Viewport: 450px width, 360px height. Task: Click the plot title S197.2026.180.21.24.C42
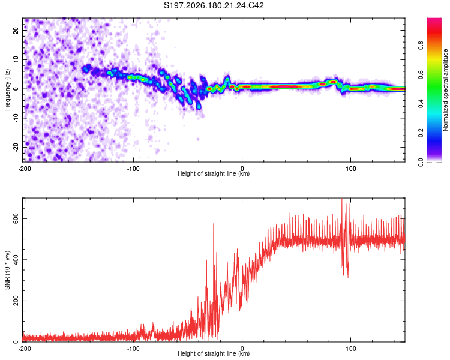tap(214, 5)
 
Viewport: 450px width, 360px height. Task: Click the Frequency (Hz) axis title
tap(7, 90)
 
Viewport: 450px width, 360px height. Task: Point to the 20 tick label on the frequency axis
tap(16, 30)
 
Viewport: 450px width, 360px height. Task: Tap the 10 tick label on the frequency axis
tap(16, 59)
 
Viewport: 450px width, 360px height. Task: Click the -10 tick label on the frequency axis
tap(16, 119)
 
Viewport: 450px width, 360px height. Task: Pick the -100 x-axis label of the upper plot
tap(133, 169)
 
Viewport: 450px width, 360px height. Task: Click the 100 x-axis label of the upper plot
tap(351, 169)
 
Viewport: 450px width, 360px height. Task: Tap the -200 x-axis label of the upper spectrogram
tap(25, 169)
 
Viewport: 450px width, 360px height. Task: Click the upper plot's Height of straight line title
tap(214, 173)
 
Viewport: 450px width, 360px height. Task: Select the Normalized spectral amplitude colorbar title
tap(445, 90)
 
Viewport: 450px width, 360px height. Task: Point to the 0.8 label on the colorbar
tap(421, 46)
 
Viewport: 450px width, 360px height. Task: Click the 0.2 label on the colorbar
tap(421, 133)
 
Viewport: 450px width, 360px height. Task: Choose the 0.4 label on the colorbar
tap(421, 104)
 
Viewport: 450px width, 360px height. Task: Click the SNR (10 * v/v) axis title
tap(7, 270)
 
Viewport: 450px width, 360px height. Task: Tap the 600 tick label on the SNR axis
tap(16, 219)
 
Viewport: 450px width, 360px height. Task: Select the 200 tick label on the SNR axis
tap(16, 301)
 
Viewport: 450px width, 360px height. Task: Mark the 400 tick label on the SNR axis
tap(16, 260)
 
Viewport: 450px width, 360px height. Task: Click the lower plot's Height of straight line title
tap(214, 353)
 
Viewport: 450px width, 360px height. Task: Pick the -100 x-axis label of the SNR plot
tap(133, 349)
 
